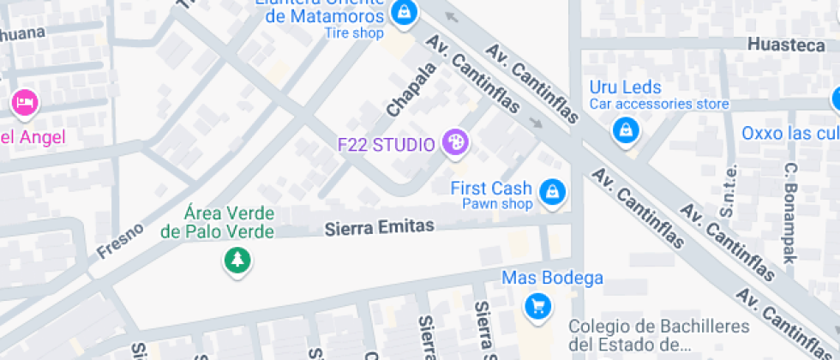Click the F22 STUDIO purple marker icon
[x=455, y=143]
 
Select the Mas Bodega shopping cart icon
[x=537, y=305]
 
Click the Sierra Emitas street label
[x=380, y=227]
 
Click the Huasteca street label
[x=785, y=45]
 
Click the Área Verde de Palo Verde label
[x=218, y=222]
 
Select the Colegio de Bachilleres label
[x=658, y=335]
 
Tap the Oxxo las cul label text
[x=789, y=133]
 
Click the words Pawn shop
[x=497, y=204]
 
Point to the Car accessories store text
[x=658, y=105]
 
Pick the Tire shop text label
[x=353, y=33]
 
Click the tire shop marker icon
[x=402, y=12]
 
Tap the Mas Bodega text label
[x=552, y=278]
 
